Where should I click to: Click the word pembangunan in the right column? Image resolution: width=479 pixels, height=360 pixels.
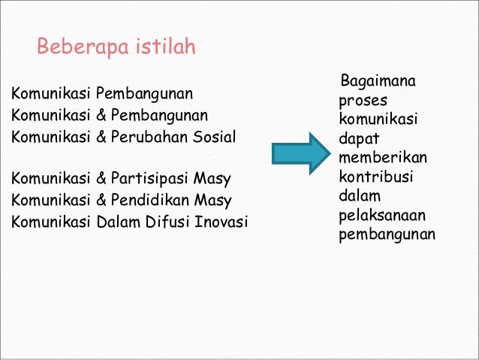387,236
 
